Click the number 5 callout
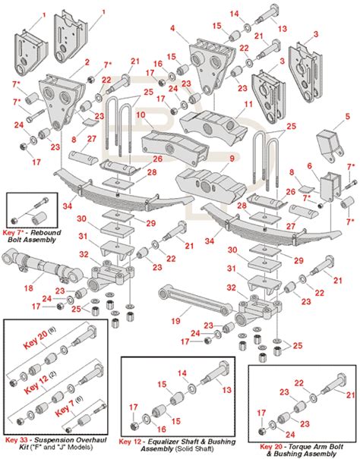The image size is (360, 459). (x=348, y=116)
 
